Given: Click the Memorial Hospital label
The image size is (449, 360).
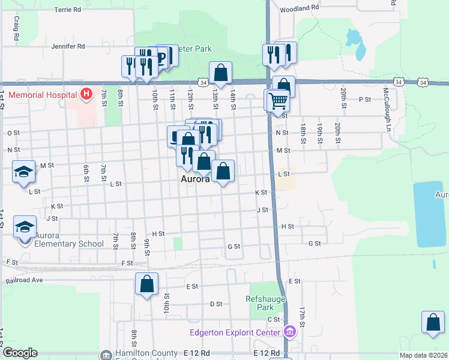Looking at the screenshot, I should (42, 95).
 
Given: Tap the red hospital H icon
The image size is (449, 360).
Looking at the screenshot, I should (86, 94).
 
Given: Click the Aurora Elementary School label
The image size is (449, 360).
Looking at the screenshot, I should (64, 239).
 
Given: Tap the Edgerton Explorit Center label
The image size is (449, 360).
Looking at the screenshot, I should (235, 332).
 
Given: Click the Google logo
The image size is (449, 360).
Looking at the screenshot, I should (19, 353).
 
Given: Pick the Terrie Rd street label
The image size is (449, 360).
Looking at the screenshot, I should (67, 10).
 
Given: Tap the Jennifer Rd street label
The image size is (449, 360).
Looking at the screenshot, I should (68, 46).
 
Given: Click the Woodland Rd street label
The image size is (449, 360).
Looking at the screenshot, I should (298, 8).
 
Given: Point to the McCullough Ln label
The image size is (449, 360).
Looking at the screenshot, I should (387, 102).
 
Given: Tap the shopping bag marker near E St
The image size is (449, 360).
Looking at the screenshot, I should (146, 284).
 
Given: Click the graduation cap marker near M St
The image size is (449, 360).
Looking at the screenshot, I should (23, 173).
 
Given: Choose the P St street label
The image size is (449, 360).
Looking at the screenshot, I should (364, 100).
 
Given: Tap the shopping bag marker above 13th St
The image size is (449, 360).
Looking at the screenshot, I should (220, 73).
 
